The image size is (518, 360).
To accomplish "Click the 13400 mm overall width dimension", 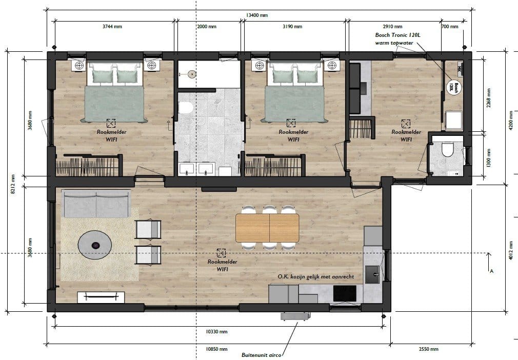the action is point(256,15).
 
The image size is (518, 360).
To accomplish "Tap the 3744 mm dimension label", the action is point(112,27).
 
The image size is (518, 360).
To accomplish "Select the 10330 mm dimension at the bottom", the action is point(216,332).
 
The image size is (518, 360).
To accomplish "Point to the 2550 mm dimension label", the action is point(428,349).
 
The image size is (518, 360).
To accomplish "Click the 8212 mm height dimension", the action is point(13,184).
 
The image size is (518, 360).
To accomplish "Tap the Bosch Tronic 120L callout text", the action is point(397,35).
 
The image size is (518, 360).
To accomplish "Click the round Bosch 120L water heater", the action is point(453,87).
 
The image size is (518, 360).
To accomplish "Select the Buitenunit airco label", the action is point(262,355).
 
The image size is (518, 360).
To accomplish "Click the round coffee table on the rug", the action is point(95,245).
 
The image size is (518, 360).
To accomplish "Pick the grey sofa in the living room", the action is point(96,204).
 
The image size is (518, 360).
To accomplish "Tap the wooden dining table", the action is point(267,228).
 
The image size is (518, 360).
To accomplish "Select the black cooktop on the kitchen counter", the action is point(345,293).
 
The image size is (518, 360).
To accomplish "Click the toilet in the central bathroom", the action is point(185,107).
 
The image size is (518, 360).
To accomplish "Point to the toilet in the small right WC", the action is point(448,149).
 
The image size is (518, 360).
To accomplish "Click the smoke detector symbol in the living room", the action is point(221,253).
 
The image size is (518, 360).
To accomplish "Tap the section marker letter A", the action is point(491,271).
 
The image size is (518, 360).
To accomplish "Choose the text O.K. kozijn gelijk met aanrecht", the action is point(316,277).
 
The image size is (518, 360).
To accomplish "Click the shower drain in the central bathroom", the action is point(191,74).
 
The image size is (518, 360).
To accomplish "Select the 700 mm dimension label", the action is point(450,27).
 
